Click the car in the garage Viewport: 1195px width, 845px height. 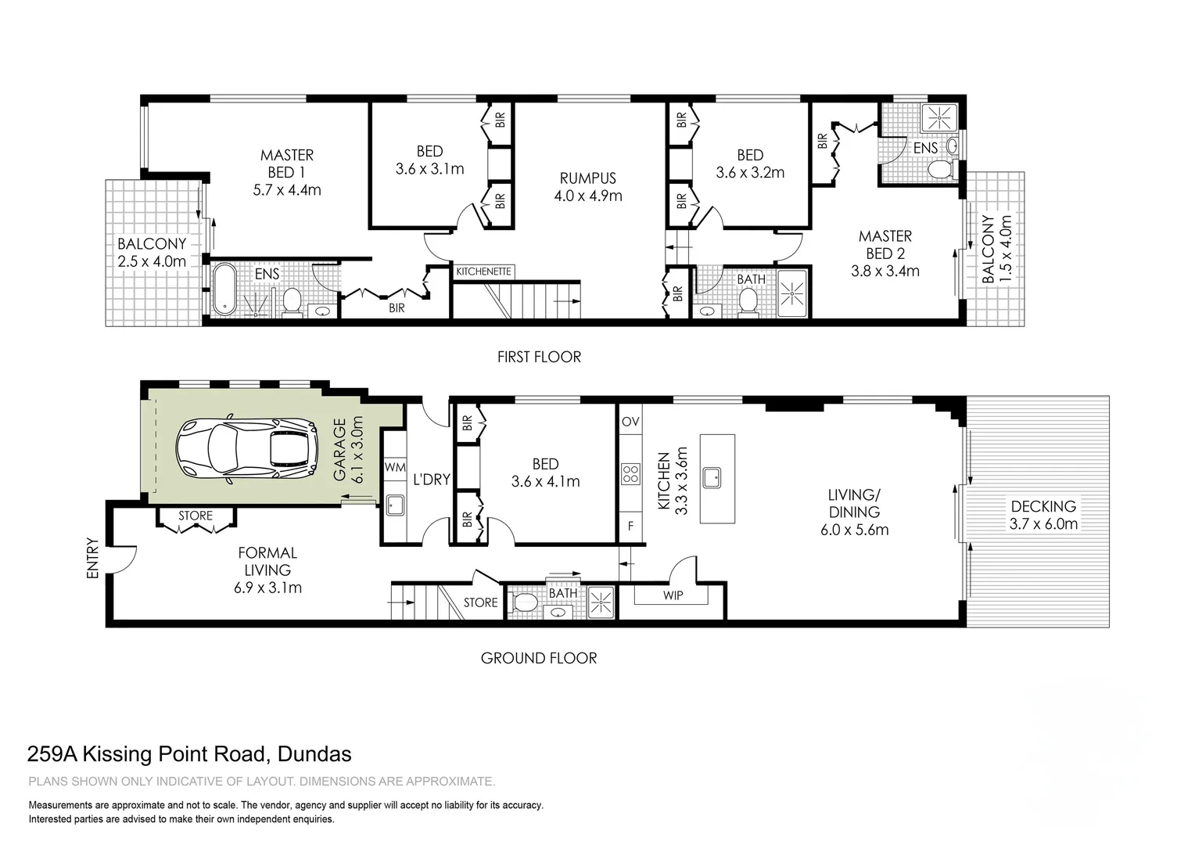tap(247, 449)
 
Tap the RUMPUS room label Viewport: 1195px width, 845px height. tap(588, 178)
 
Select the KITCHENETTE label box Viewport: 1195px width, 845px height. tap(484, 271)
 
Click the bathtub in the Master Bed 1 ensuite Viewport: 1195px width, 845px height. tap(224, 289)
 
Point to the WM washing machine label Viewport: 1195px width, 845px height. tap(395, 467)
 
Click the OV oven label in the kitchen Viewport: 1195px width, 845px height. tap(630, 422)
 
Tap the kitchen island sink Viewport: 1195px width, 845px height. tap(712, 477)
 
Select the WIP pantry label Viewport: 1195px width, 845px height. tap(673, 595)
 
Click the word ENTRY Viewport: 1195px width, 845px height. tap(93, 559)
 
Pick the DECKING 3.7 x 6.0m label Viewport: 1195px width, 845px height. tap(1043, 515)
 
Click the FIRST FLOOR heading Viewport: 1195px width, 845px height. tap(539, 357)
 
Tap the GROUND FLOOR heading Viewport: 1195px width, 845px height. tap(539, 658)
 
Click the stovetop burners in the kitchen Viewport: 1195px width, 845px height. tap(630, 474)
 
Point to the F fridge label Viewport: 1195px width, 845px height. tap(630, 527)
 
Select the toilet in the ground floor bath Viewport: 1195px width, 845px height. tap(523, 602)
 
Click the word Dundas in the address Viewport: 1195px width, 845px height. tap(314, 754)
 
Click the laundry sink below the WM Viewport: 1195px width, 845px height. tap(395, 505)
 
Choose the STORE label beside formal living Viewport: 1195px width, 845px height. tap(196, 516)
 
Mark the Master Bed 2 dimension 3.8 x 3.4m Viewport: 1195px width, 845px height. tap(885, 271)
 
